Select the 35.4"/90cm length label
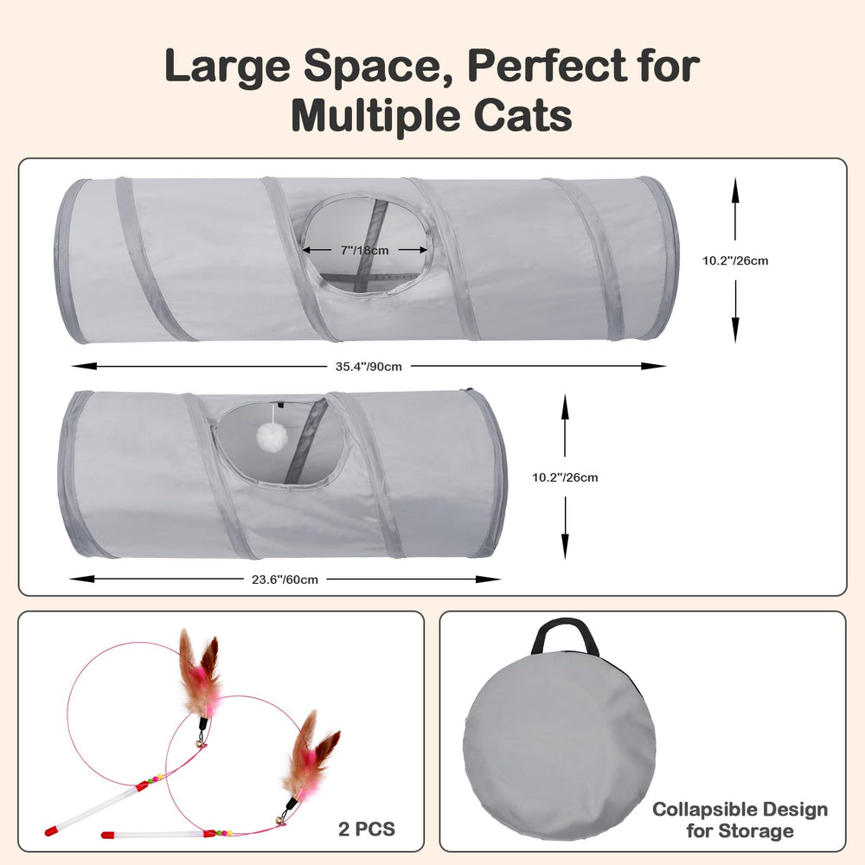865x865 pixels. tap(368, 366)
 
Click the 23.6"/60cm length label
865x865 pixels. tap(285, 580)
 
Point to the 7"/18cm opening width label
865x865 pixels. tap(364, 251)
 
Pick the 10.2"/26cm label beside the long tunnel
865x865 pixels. tap(734, 261)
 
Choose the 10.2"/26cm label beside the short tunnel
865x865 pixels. tap(565, 477)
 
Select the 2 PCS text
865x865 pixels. tap(367, 830)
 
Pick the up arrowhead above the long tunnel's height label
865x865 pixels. tap(734, 190)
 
